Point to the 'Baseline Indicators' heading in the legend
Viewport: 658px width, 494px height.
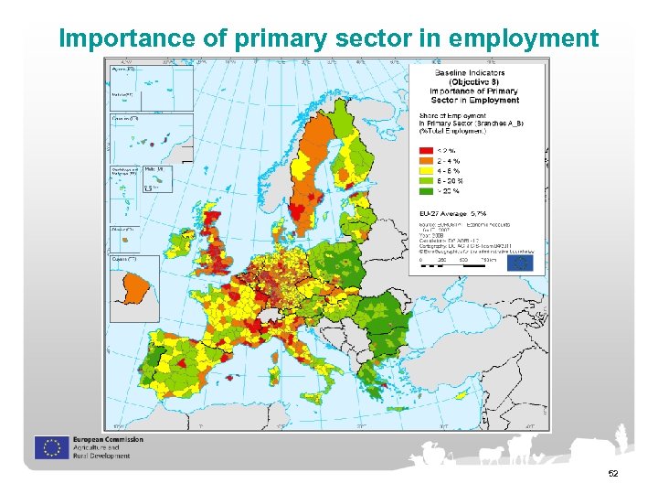[470, 72]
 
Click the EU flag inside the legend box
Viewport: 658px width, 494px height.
[520, 262]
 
